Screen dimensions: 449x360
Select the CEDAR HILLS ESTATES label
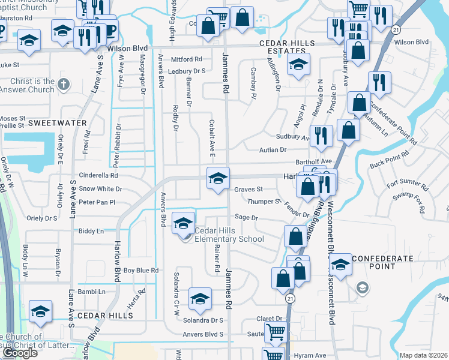pyautogui.click(x=286, y=48)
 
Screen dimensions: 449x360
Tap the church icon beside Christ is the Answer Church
pyautogui.click(x=48, y=82)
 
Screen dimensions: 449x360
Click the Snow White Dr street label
pyautogui.click(x=100, y=188)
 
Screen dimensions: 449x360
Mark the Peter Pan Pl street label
pyautogui.click(x=97, y=202)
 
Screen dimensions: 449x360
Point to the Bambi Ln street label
pyautogui.click(x=91, y=292)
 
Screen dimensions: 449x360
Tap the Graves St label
pyautogui.click(x=249, y=189)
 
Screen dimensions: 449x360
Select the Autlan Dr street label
pyautogui.click(x=274, y=150)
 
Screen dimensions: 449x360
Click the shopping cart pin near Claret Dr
pyautogui.click(x=276, y=331)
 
